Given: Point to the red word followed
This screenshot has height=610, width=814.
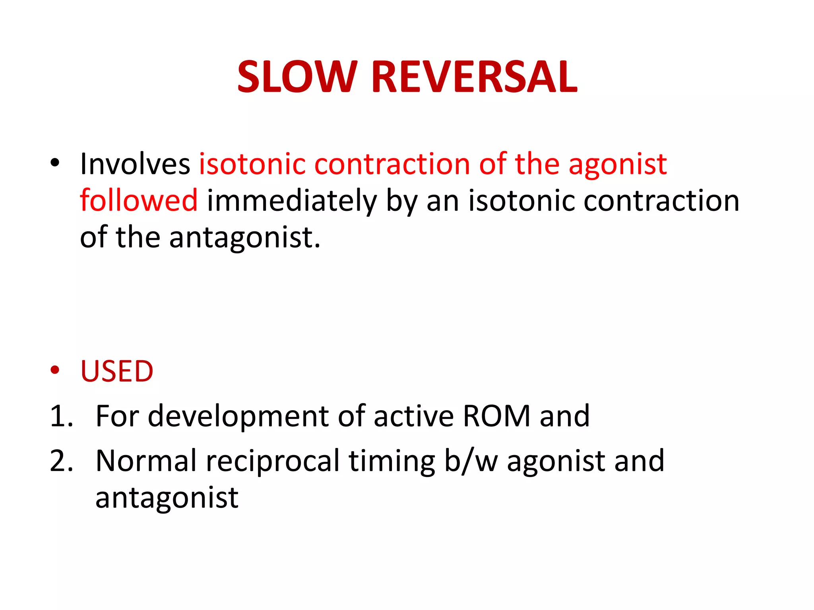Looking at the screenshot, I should (138, 200).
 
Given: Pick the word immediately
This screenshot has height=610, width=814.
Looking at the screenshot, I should (291, 201).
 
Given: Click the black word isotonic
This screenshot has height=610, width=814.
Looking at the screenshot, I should (521, 200).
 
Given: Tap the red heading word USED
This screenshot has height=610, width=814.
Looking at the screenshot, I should (117, 371).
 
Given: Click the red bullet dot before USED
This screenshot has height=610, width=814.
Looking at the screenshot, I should (55, 370).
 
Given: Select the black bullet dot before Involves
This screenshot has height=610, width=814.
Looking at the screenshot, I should (55, 162).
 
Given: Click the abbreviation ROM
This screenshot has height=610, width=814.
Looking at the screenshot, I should (496, 416).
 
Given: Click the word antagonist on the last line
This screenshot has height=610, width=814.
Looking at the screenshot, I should (167, 498).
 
